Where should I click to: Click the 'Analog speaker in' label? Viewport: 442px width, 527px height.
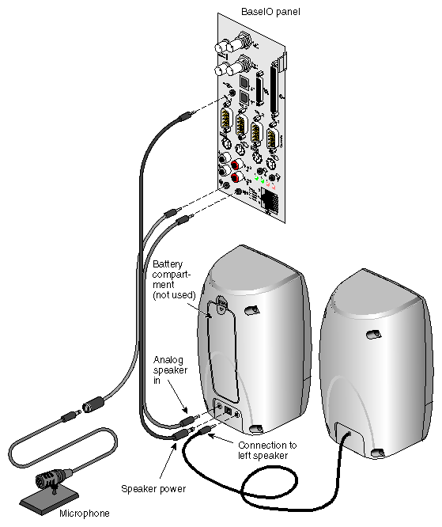click(168, 372)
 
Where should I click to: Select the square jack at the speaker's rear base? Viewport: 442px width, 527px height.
click(229, 411)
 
